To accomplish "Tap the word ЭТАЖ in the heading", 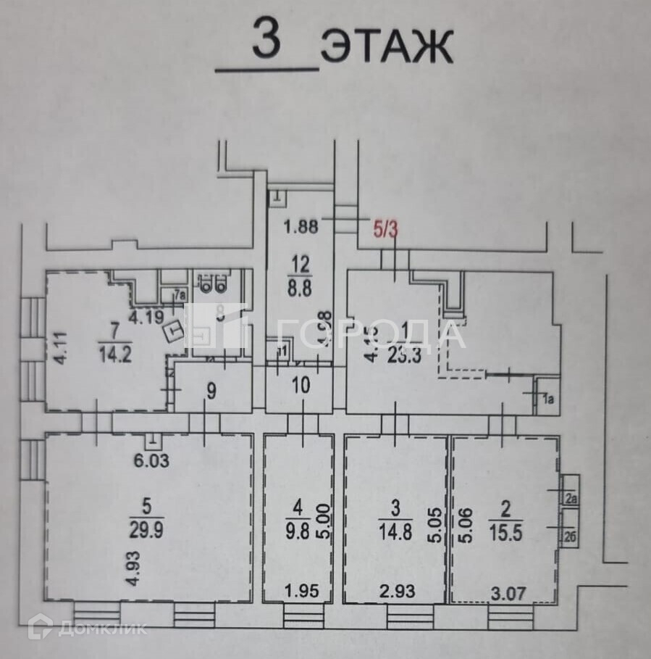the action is tap(387, 47).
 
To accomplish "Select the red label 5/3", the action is tap(385, 231).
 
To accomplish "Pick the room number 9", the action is tap(211, 391).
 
